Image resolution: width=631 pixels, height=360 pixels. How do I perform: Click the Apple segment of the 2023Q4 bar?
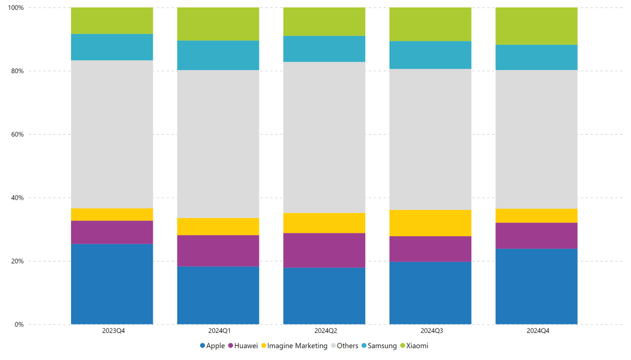point(112,283)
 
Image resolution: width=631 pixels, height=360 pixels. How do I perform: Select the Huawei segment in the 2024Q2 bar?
point(324,250)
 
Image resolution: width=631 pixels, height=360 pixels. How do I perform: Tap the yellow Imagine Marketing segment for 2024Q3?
point(430,222)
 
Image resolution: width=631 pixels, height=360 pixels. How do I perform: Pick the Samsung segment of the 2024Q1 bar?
point(218,55)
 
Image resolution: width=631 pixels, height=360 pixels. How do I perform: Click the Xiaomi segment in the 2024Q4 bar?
point(536,26)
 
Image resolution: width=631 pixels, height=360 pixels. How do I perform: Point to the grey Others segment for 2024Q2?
point(324,137)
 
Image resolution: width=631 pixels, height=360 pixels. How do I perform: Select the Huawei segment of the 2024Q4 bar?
point(536,235)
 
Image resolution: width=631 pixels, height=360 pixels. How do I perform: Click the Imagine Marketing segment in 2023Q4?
point(112,214)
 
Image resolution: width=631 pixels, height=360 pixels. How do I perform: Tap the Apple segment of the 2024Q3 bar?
point(430,292)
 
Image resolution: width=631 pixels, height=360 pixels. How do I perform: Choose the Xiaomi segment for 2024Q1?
point(218,24)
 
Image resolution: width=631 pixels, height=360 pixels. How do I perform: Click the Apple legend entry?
point(212,345)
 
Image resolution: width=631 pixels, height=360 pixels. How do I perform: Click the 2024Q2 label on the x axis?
point(324,331)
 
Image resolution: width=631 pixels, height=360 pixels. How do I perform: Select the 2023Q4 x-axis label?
point(112,331)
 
